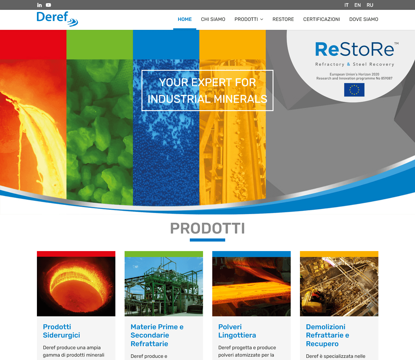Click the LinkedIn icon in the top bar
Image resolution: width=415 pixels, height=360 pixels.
(x=39, y=5)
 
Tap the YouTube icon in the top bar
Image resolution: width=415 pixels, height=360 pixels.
(x=48, y=5)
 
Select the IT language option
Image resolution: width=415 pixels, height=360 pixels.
(x=346, y=5)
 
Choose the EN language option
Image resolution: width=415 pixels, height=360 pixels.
(x=357, y=5)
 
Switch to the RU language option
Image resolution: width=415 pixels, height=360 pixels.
(x=370, y=5)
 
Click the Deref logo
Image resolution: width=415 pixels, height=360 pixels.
(x=57, y=19)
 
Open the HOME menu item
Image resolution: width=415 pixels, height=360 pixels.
(x=185, y=19)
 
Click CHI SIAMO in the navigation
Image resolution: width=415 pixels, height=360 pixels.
(x=213, y=19)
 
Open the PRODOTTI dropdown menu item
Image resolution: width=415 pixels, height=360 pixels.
(x=249, y=19)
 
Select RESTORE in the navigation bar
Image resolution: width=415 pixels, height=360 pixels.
(x=283, y=19)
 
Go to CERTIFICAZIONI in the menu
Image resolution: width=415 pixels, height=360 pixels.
(x=321, y=19)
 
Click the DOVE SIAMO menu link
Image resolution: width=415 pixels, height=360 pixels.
(x=364, y=19)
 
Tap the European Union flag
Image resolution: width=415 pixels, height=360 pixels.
(x=354, y=90)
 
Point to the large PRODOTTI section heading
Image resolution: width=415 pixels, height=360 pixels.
(x=207, y=228)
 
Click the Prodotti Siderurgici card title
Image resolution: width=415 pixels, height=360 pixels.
(x=62, y=331)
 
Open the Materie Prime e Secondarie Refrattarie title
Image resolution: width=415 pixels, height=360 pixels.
(x=157, y=335)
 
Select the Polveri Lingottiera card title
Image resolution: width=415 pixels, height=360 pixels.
(x=237, y=331)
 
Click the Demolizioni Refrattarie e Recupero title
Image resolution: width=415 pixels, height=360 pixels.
(x=328, y=335)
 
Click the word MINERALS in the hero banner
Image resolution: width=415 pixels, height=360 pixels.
(x=240, y=99)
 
